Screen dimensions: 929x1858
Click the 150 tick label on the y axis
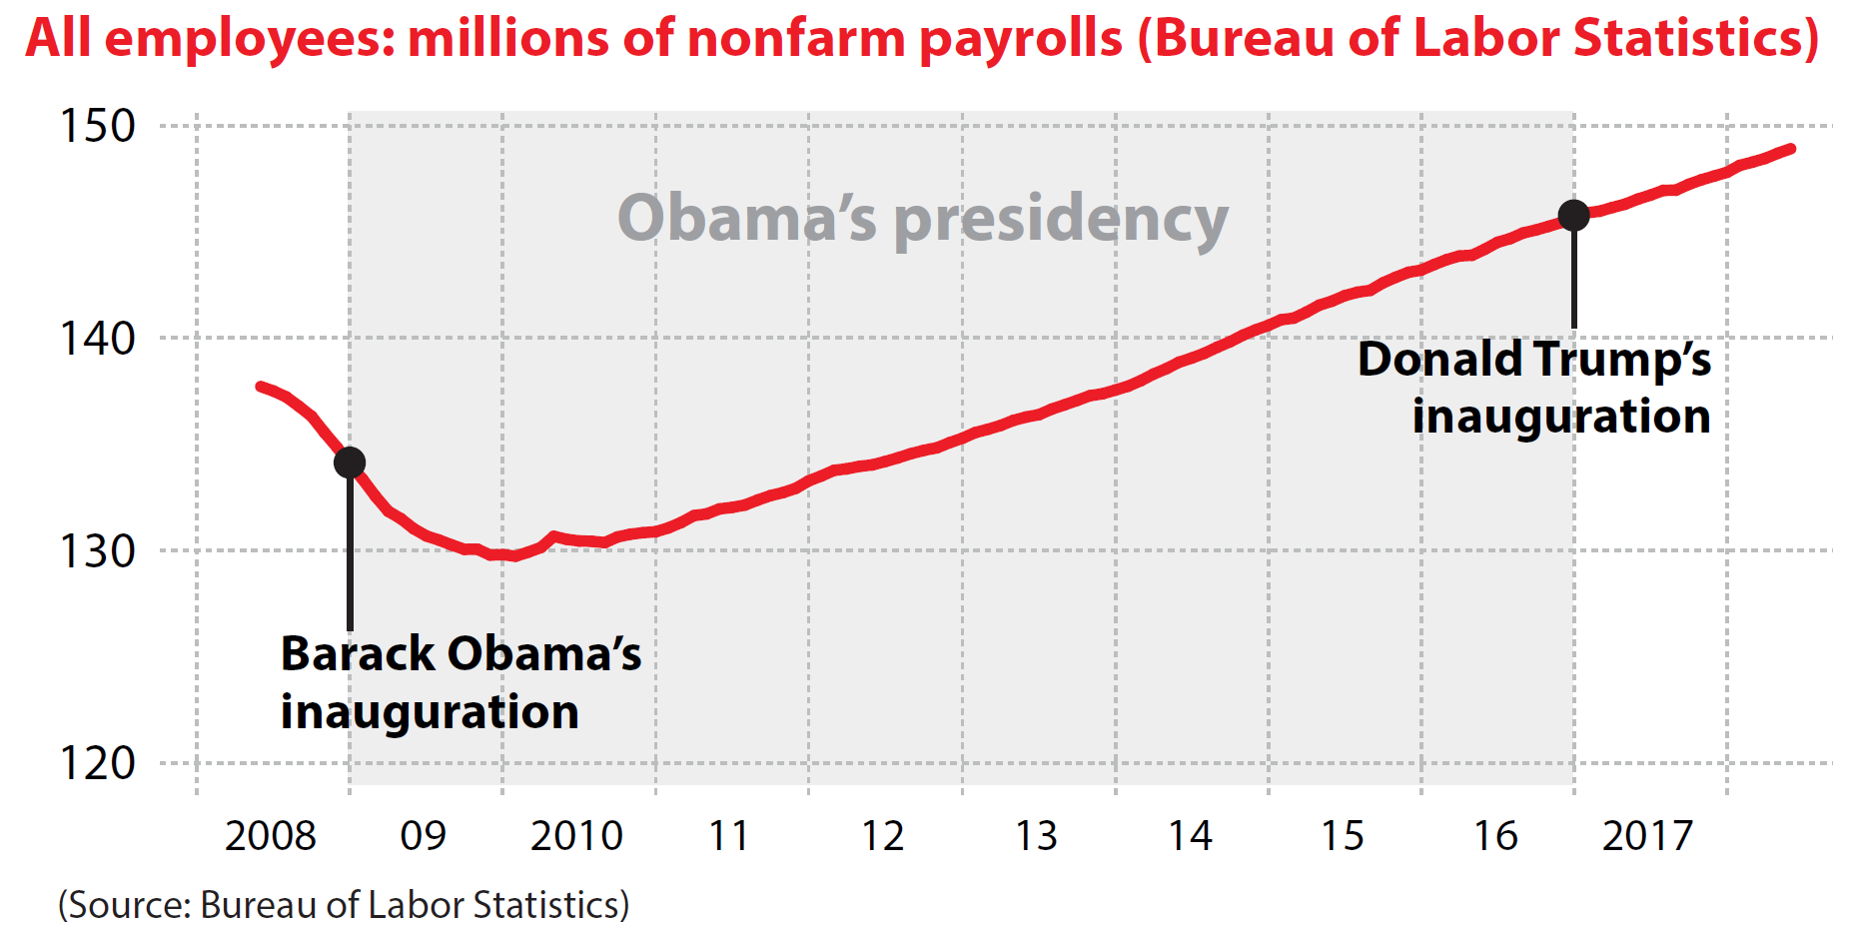[97, 126]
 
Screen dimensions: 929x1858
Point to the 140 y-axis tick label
[97, 339]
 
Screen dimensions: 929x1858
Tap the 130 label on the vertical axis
[97, 551]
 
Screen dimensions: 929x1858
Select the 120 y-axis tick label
[97, 764]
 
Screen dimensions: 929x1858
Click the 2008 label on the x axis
[270, 836]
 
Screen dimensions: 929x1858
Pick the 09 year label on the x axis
[423, 836]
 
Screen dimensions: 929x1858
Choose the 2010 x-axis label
[576, 836]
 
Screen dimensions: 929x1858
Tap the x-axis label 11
[728, 836]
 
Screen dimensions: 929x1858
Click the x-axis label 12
[882, 836]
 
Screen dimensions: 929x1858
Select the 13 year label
[1036, 836]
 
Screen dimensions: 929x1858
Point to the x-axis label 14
[1190, 836]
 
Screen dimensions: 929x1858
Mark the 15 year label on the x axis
[1343, 836]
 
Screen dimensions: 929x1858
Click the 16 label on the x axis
[1495, 836]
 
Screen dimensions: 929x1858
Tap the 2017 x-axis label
[1647, 836]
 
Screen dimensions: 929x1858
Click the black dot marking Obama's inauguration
[350, 463]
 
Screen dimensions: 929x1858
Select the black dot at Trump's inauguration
[1573, 215]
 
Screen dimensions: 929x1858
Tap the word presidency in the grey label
[1061, 220]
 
